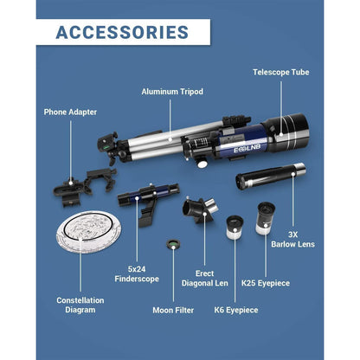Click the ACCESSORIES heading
(122, 32)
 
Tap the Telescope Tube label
(281, 72)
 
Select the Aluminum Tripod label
(172, 92)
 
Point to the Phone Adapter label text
(70, 112)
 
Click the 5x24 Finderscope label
(137, 274)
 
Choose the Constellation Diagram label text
(80, 305)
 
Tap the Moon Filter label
(173, 310)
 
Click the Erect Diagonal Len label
(204, 279)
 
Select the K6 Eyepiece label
(236, 310)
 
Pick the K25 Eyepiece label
(266, 283)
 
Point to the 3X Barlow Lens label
(292, 240)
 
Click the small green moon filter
(173, 245)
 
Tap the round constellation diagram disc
(88, 232)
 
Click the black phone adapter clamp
(84, 186)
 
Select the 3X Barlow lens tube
(270, 176)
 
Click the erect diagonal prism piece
(200, 209)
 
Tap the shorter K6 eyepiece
(235, 228)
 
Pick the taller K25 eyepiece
(265, 218)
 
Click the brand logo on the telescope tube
(247, 148)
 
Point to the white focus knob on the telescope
(202, 164)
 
